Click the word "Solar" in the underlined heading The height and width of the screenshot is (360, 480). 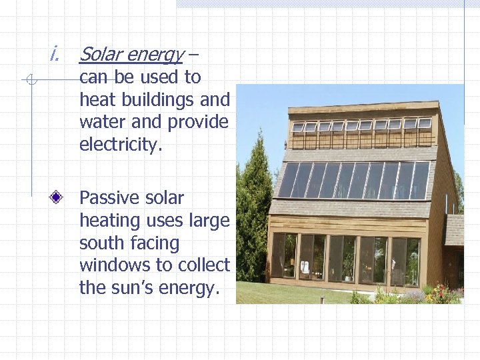click(101, 54)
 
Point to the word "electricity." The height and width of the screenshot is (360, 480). click(121, 145)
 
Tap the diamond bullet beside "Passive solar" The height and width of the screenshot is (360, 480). click(60, 198)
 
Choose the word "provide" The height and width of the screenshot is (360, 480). click(198, 123)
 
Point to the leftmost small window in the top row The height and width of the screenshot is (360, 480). click(298, 127)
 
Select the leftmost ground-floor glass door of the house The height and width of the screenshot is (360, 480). click(284, 256)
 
